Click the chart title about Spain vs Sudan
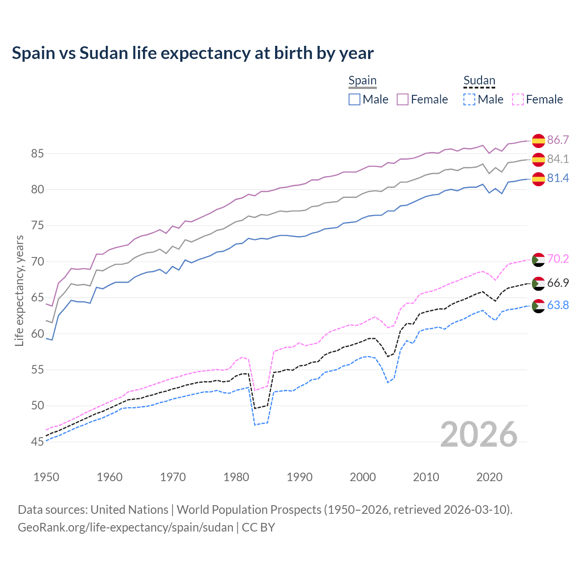pos(192,53)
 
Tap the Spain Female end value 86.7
pos(558,140)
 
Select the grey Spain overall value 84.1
pos(558,159)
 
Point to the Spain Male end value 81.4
pos(558,178)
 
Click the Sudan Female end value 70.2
pos(558,259)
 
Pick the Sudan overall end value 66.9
pos(558,283)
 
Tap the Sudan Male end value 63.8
pos(558,305)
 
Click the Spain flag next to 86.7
pos(538,141)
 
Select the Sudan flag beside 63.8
pos(538,306)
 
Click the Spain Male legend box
pos(355,99)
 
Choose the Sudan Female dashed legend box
pos(517,99)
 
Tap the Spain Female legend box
pos(403,99)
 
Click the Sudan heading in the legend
pos(479,81)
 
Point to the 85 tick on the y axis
pos(37,154)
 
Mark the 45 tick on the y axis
pos(37,442)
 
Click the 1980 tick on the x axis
pos(236,477)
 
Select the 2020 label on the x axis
pos(490,477)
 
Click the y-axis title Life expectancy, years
pos(19,290)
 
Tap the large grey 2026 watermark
pos(478,434)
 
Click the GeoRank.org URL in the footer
pos(125,527)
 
